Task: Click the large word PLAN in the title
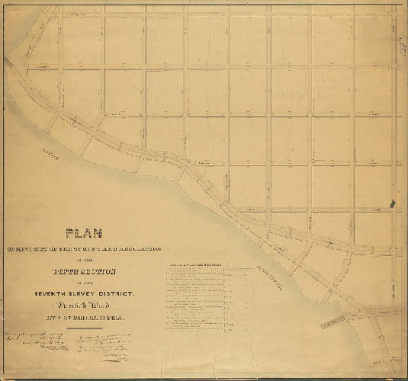86,235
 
